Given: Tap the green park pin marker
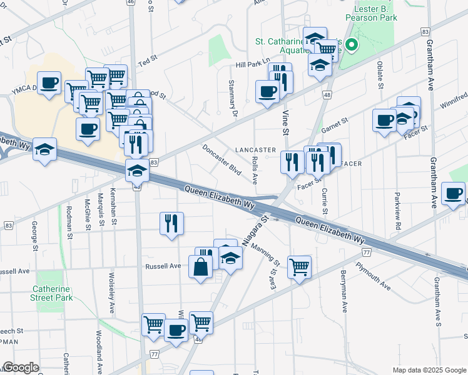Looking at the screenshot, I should (x=352, y=45).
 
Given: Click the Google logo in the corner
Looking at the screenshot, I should (x=20, y=367).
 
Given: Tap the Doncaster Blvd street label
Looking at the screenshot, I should (x=221, y=160).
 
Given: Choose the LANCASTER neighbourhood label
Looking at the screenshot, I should (x=255, y=150).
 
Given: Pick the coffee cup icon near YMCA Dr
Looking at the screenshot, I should (x=49, y=82).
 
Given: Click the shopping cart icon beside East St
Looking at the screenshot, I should (x=300, y=267).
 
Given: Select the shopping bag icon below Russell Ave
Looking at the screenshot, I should (x=200, y=268).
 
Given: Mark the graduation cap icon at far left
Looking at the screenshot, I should (x=44, y=149).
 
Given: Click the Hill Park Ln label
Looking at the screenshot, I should (x=252, y=63).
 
